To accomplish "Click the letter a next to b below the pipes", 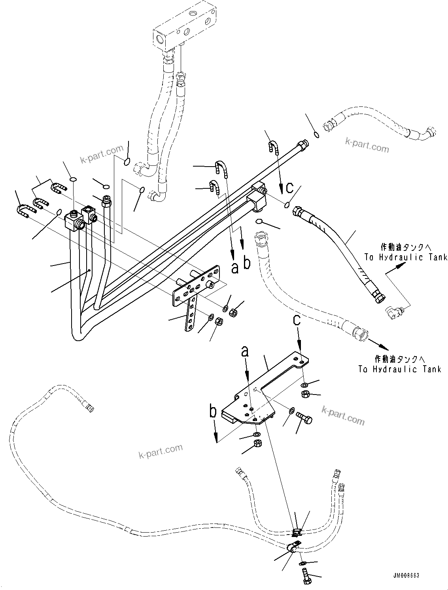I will point(235,269).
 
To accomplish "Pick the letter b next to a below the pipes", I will point(247,263).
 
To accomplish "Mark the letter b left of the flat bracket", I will point(213,412).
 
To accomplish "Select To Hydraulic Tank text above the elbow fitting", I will point(405,257).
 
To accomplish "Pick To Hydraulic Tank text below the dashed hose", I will point(399,369).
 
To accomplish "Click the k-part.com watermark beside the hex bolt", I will point(343,415).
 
